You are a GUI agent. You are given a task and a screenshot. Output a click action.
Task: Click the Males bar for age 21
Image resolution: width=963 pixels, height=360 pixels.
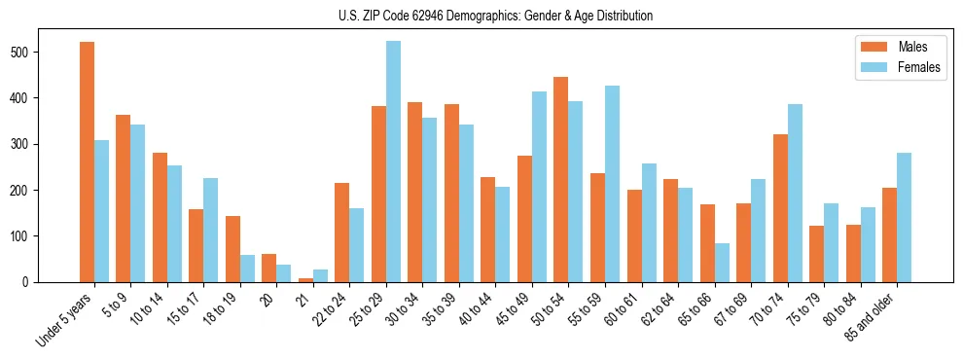[x=305, y=279]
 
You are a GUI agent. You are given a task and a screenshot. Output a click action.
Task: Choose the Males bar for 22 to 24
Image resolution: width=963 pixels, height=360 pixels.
[x=342, y=233]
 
